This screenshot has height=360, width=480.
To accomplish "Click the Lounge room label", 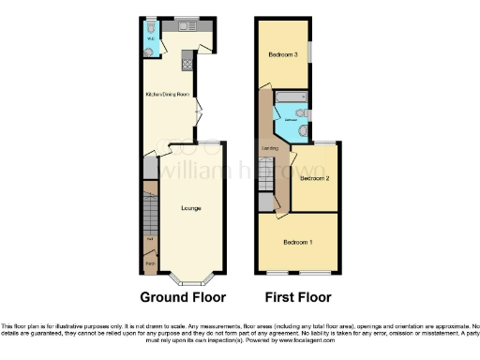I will pyautogui.click(x=191, y=207).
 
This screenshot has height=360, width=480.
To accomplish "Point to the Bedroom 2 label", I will pyautogui.click(x=313, y=177).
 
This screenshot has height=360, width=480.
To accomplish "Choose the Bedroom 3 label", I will pyautogui.click(x=283, y=54).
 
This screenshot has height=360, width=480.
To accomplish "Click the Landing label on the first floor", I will pyautogui.click(x=269, y=147).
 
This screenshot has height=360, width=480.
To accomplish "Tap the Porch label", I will pyautogui.click(x=150, y=263).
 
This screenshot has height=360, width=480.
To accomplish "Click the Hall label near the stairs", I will pyautogui.click(x=150, y=241).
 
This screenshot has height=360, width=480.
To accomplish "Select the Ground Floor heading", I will pyautogui.click(x=183, y=298).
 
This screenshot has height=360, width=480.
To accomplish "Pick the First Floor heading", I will pyautogui.click(x=297, y=298).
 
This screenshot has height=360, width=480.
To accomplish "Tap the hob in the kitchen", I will pyautogui.click(x=186, y=63).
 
